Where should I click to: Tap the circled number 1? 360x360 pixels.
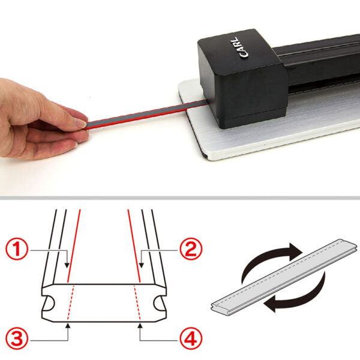[17, 250]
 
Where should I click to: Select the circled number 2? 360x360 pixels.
[191, 249]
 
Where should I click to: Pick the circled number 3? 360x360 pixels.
[17, 339]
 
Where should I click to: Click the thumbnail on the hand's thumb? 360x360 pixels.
[81, 124]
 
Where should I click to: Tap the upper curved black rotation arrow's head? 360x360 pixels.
[295, 251]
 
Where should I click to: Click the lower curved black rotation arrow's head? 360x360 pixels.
[270, 304]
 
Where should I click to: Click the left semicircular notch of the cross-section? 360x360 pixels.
[49, 303]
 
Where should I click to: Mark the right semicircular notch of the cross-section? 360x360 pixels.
[159, 303]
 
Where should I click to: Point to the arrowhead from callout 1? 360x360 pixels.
[67, 265]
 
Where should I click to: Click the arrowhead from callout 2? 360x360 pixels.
[142, 265]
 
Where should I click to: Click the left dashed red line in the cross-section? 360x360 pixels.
[70, 302]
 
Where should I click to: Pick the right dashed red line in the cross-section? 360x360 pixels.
[137, 302]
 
